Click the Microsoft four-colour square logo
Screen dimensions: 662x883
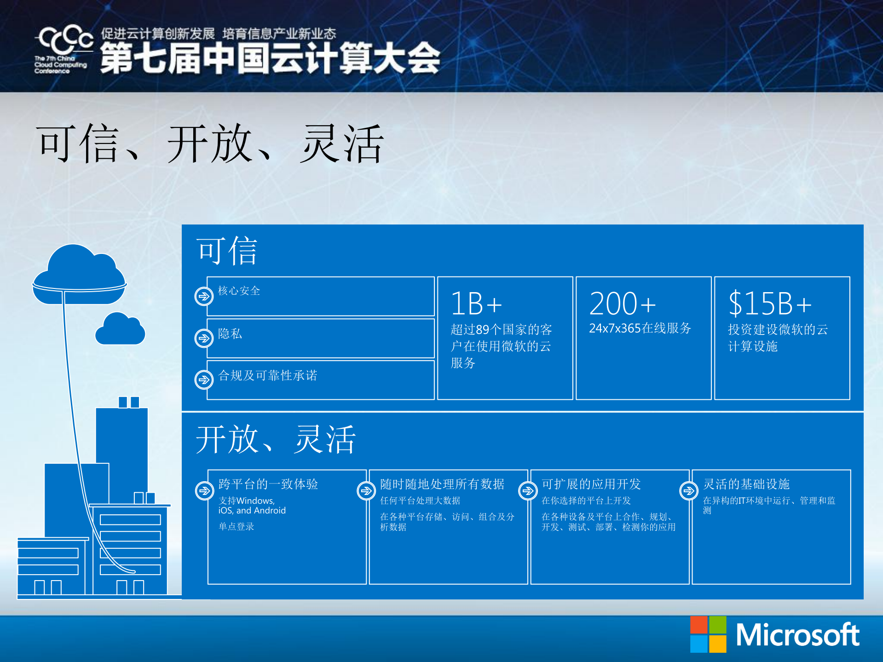[708, 634]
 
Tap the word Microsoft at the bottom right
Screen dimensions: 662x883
[797, 635]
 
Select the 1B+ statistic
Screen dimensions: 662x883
[476, 304]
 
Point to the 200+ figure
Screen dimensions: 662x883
[622, 304]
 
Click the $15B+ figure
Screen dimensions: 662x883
[770, 304]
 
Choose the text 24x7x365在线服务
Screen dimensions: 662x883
[640, 328]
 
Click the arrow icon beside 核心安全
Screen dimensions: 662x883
[204, 296]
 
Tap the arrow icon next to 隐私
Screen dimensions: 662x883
[204, 338]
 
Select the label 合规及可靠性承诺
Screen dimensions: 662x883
[267, 375]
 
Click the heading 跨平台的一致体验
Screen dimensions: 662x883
[268, 484]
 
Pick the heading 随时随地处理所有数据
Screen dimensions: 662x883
[442, 484]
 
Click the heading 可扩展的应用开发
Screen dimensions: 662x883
[591, 484]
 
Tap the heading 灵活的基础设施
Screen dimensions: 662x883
[746, 484]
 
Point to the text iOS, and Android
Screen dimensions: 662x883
[252, 511]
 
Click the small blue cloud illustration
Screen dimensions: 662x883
[120, 329]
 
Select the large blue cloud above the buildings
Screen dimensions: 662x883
[80, 275]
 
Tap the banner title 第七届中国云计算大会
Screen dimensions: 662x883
[270, 58]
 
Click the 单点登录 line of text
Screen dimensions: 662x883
[236, 526]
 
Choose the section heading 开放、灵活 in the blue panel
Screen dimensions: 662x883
[275, 439]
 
